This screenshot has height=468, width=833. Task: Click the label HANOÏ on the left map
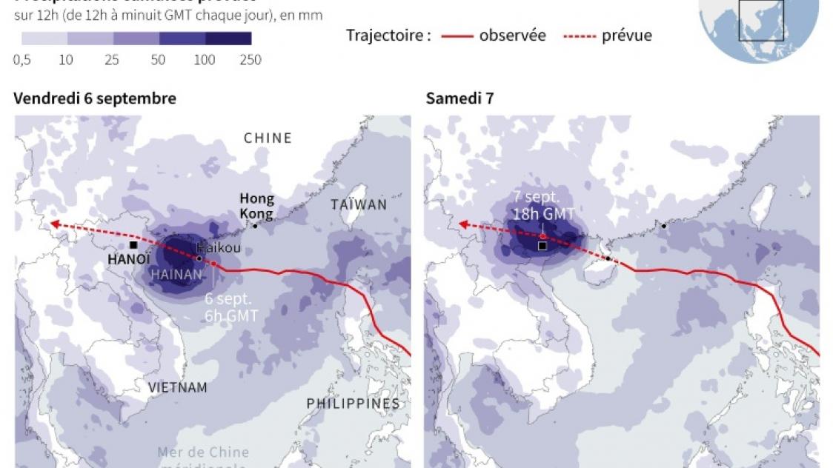click(129, 259)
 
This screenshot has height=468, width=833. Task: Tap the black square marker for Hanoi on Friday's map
click(133, 245)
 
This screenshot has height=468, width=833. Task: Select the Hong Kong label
click(256, 206)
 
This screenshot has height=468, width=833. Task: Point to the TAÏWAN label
click(359, 204)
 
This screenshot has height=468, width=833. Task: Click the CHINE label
click(268, 138)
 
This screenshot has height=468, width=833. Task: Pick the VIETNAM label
click(177, 387)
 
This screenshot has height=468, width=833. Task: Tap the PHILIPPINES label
click(354, 404)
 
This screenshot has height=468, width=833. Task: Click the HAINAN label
click(176, 274)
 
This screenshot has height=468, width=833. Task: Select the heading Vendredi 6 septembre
click(95, 98)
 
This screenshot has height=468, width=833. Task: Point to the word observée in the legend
click(512, 35)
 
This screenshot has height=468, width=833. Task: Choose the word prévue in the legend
click(627, 35)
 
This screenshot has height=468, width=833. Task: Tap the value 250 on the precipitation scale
click(250, 60)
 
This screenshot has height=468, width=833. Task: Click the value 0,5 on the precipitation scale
click(22, 60)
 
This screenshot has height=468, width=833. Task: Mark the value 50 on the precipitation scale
click(158, 60)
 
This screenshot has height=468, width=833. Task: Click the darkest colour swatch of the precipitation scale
click(228, 39)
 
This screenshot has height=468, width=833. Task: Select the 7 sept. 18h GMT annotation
click(543, 205)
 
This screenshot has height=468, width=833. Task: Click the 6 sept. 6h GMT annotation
click(232, 307)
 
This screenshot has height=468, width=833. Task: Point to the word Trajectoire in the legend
click(388, 35)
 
